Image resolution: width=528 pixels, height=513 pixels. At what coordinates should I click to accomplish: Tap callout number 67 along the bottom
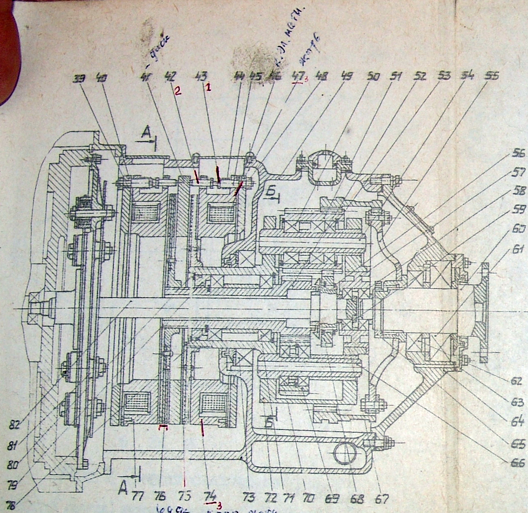tap(382, 499)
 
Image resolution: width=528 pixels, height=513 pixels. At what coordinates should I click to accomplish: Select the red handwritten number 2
tap(177, 91)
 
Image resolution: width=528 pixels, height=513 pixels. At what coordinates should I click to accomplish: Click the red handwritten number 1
tap(208, 88)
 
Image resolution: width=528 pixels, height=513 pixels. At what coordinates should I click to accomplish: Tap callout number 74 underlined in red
tap(210, 497)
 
